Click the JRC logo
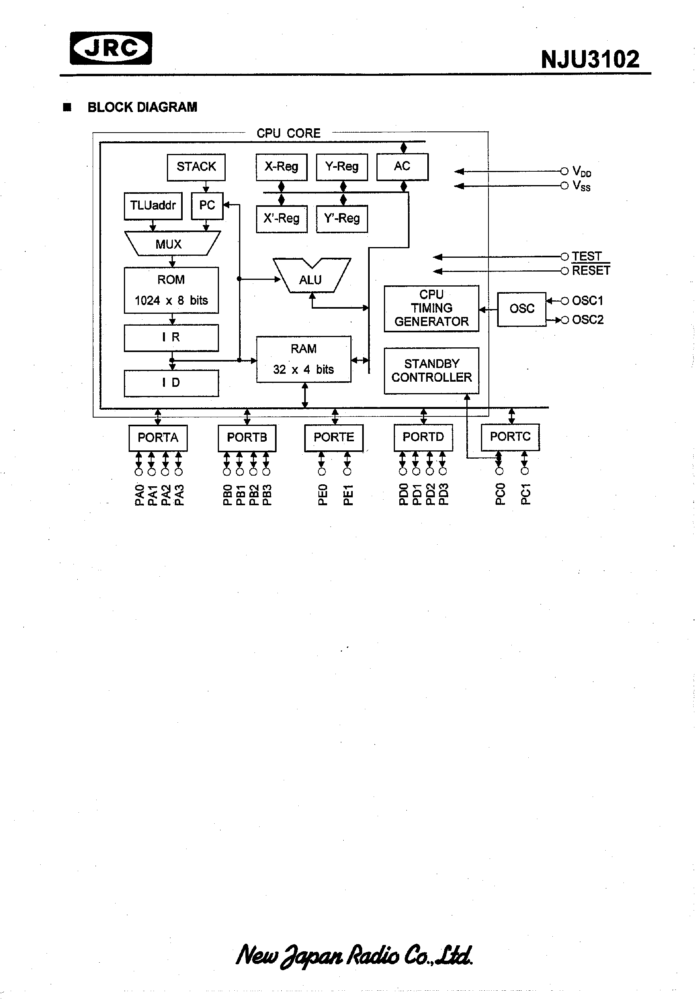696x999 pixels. [111, 48]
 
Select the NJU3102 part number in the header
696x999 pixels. [590, 60]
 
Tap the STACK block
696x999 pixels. [196, 167]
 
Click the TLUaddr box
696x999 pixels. [153, 206]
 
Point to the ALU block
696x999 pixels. [311, 279]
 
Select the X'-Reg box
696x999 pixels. [281, 218]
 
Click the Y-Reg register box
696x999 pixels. [342, 167]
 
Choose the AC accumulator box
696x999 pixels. [402, 166]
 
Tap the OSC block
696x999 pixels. [522, 309]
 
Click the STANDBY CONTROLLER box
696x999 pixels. [432, 371]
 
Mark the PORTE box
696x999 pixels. [334, 437]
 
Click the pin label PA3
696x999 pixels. [179, 495]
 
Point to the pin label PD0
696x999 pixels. [403, 494]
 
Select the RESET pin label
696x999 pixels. [590, 271]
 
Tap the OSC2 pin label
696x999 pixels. [587, 320]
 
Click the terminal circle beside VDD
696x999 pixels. [564, 171]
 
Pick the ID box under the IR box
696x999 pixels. [171, 383]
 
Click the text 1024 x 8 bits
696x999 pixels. [171, 301]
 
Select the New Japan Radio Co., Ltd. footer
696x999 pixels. [354, 956]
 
